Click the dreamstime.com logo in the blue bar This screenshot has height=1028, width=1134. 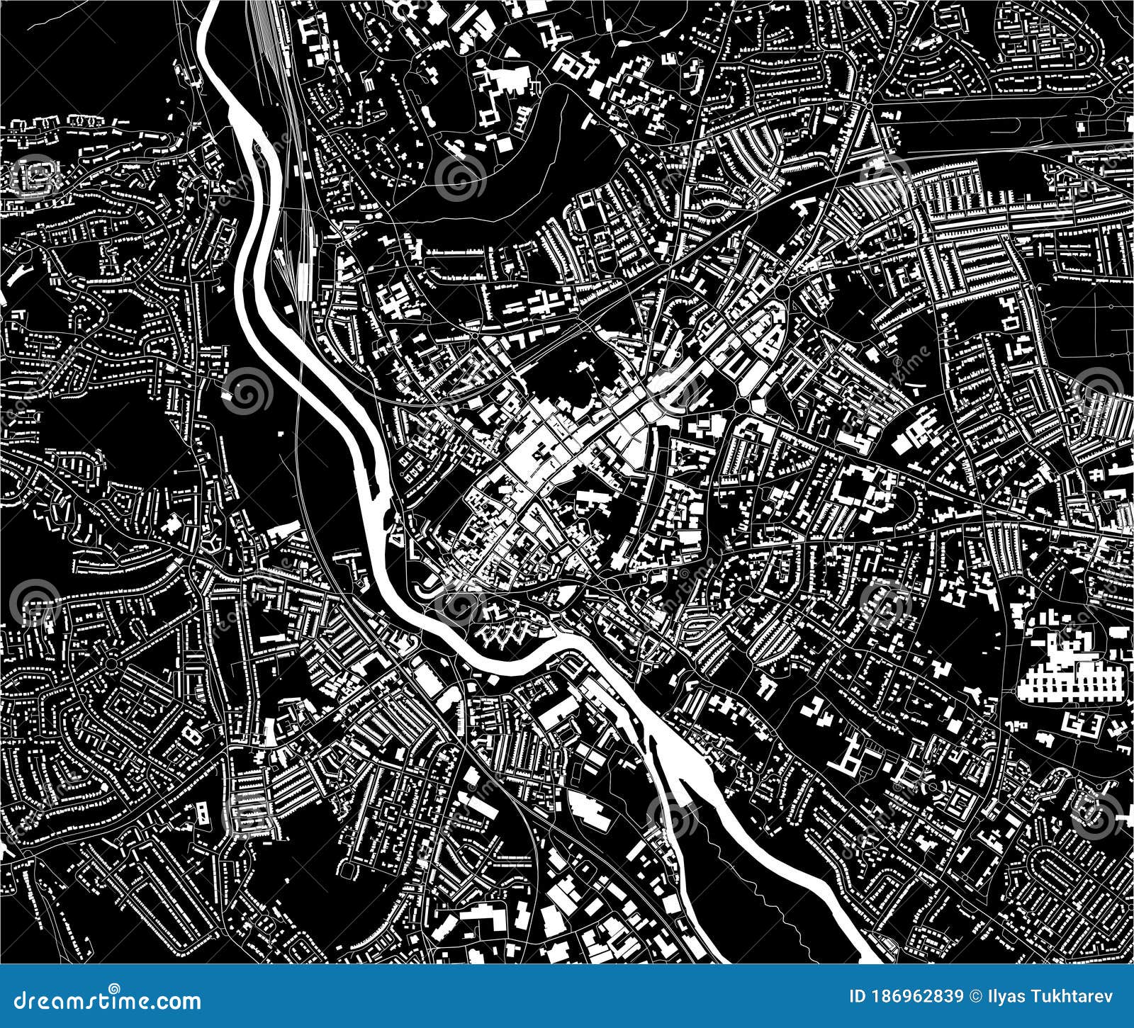(x=103, y=1001)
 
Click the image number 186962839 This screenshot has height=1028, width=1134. (x=919, y=998)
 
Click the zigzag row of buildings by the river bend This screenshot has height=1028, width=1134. (x=507, y=631)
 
